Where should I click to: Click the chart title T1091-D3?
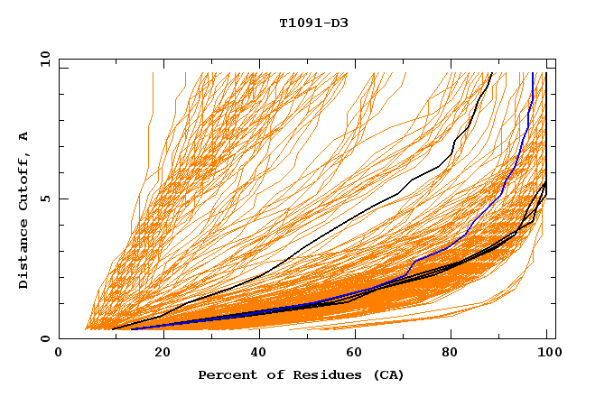(x=313, y=23)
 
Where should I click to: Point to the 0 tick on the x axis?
(x=60, y=355)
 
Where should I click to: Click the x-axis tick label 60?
(x=352, y=355)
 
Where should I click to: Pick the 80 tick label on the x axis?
(x=450, y=355)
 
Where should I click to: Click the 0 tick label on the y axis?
(x=45, y=339)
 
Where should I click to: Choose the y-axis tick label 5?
(x=45, y=198)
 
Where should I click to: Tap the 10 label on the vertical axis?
(x=42, y=59)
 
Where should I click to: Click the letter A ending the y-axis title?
(x=24, y=136)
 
